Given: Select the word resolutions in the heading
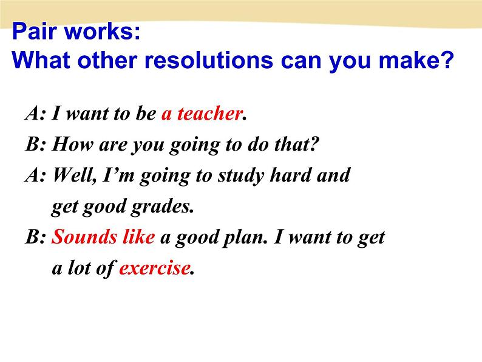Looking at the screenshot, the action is click(209, 60).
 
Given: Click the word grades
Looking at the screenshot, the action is click(162, 207).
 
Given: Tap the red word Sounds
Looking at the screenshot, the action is click(84, 237).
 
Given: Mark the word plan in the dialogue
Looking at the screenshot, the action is click(245, 238).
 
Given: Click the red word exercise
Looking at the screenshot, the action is click(154, 268).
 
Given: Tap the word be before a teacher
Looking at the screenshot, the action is click(146, 113).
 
